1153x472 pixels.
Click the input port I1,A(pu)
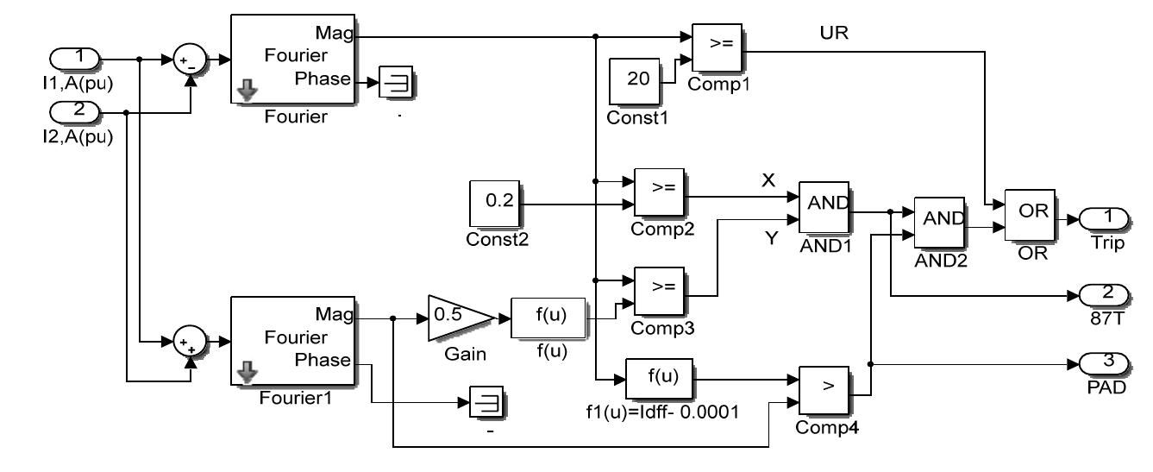click(x=76, y=60)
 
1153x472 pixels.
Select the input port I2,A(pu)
click(x=76, y=112)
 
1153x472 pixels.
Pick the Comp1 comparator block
click(x=717, y=49)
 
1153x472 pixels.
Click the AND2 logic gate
click(x=939, y=222)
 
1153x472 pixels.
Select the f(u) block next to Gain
click(x=547, y=318)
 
